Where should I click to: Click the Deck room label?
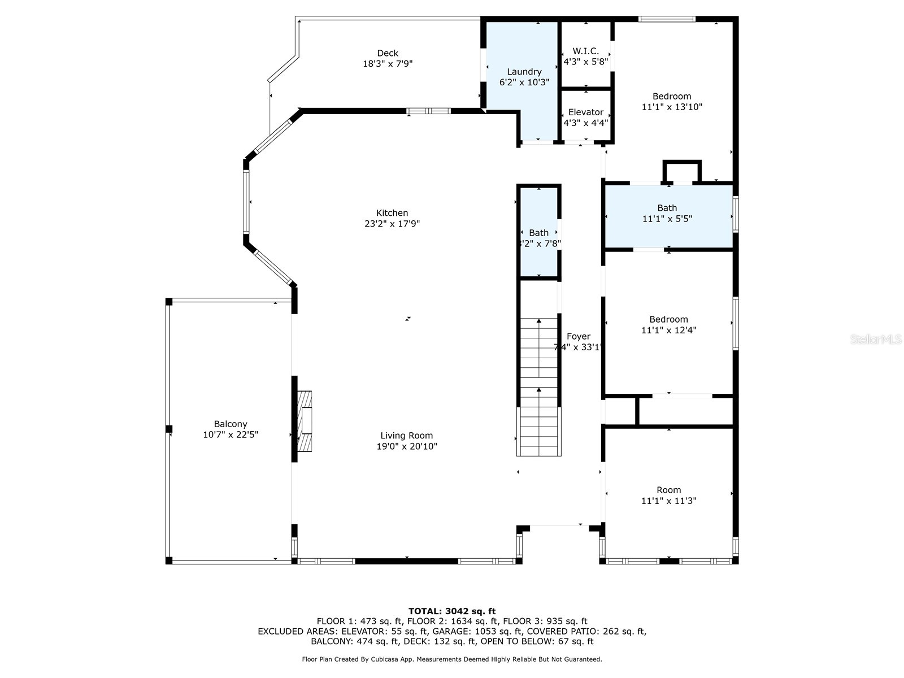tap(388, 53)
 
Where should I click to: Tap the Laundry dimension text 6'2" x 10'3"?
tap(524, 82)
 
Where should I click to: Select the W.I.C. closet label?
tap(586, 51)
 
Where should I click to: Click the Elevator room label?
tap(586, 112)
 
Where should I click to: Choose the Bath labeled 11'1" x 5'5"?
tap(667, 213)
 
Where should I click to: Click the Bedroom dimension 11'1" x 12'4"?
tap(668, 331)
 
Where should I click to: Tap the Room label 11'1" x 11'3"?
tap(668, 496)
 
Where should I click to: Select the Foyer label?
tap(579, 337)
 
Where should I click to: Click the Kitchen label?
tap(392, 213)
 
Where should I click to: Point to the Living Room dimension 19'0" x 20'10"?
tap(407, 446)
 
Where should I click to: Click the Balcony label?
tap(231, 424)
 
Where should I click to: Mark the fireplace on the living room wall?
tap(305, 421)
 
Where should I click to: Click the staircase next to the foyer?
tap(539, 390)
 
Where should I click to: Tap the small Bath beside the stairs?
tap(539, 237)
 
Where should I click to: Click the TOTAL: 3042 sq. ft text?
tap(452, 611)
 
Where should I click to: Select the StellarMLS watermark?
tap(876, 340)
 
